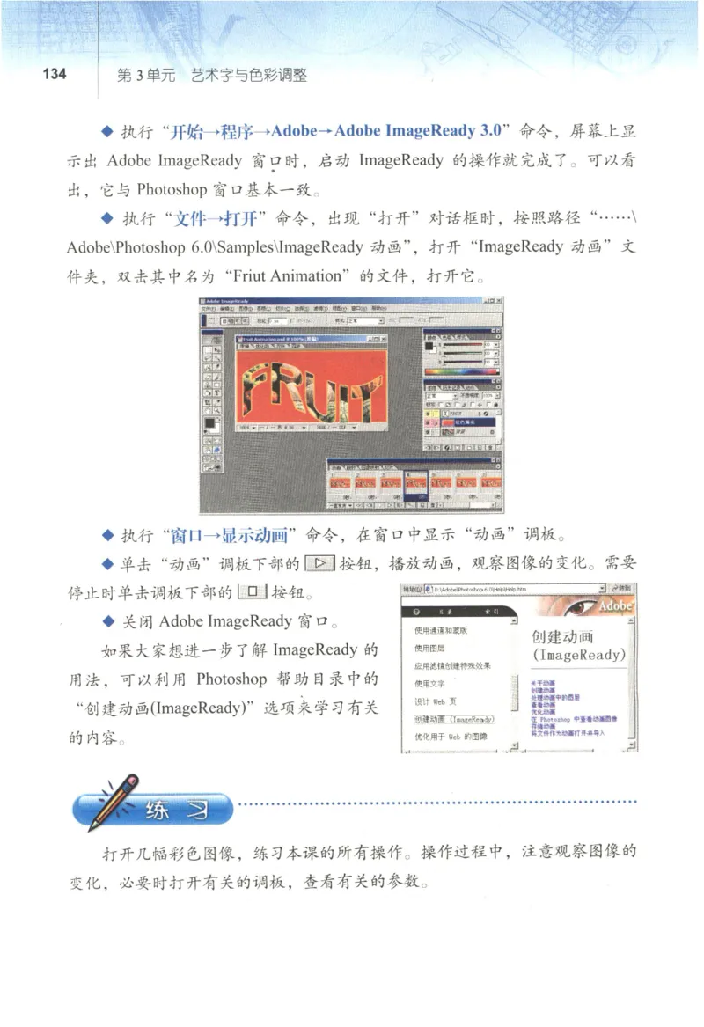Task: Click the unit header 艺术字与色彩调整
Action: pyautogui.click(x=249, y=75)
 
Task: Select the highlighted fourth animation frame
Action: pyautogui.click(x=415, y=482)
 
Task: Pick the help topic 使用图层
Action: pyautogui.click(x=430, y=648)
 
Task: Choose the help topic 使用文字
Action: pyautogui.click(x=430, y=683)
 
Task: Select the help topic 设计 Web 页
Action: pyautogui.click(x=434, y=701)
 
